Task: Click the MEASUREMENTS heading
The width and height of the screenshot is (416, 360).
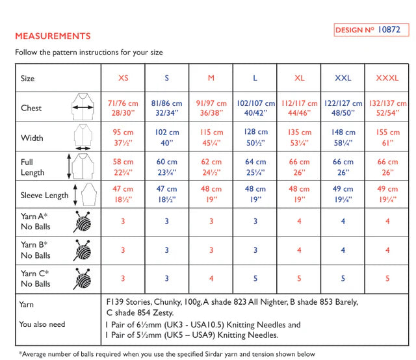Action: [53, 36]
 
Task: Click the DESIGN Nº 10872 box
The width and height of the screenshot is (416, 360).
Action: [372, 30]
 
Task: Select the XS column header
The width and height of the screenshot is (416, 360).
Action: [123, 78]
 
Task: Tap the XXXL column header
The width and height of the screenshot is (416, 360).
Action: [387, 78]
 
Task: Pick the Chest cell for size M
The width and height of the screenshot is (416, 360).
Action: [211, 108]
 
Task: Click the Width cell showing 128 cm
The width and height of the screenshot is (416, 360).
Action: [255, 137]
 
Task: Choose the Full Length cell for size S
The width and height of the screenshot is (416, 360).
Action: [167, 167]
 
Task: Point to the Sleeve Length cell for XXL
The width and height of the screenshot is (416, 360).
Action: [343, 194]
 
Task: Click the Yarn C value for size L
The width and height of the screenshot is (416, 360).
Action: [255, 279]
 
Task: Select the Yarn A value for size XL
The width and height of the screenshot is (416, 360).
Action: [300, 222]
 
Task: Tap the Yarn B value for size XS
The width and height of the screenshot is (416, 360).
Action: [123, 250]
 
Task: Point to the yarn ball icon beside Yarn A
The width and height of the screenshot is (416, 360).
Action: [83, 222]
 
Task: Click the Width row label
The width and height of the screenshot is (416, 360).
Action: [32, 138]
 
